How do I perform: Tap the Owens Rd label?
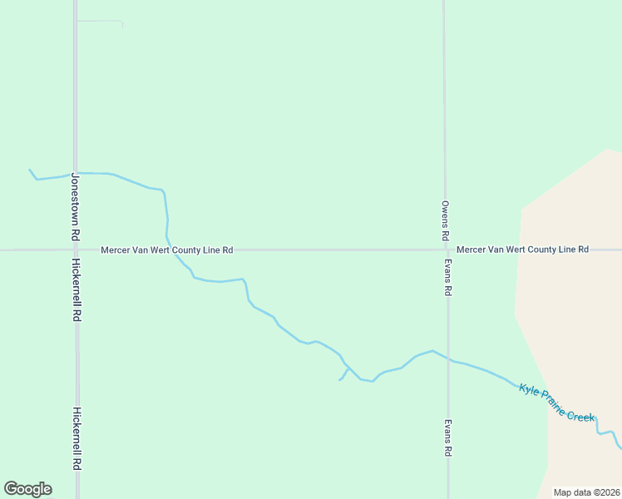click(x=446, y=221)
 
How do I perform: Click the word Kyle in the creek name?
click(x=530, y=389)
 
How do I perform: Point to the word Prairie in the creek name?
click(x=553, y=401)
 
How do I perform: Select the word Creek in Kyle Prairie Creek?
click(x=581, y=414)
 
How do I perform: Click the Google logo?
click(x=27, y=489)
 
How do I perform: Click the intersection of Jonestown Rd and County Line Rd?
click(x=76, y=249)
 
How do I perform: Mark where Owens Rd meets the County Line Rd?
click(x=446, y=249)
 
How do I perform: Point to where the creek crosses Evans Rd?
click(x=448, y=359)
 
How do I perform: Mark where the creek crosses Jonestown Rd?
click(x=76, y=173)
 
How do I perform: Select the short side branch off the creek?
click(x=343, y=375)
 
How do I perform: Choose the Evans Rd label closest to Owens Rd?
click(x=447, y=278)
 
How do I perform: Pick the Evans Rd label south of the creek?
click(x=447, y=438)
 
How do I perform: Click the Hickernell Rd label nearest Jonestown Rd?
click(x=77, y=290)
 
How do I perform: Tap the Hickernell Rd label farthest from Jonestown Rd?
click(x=77, y=438)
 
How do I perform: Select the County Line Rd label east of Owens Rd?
click(x=523, y=249)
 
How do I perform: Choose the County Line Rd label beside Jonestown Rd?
click(x=166, y=249)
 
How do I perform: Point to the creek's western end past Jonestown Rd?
click(x=31, y=170)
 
